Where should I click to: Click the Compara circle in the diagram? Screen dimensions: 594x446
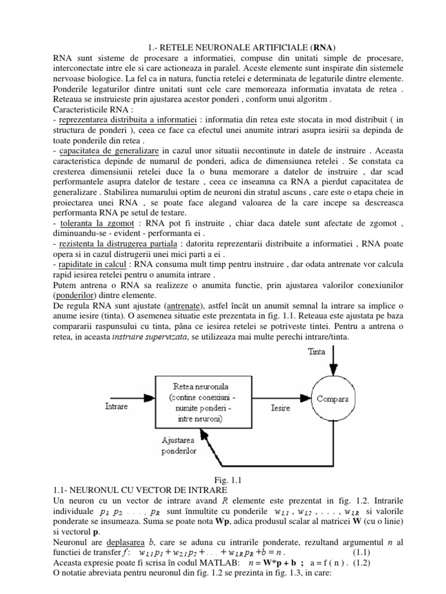(333, 400)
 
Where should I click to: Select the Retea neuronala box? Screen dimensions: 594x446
(200, 401)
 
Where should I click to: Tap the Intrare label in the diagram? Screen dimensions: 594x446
(116, 408)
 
